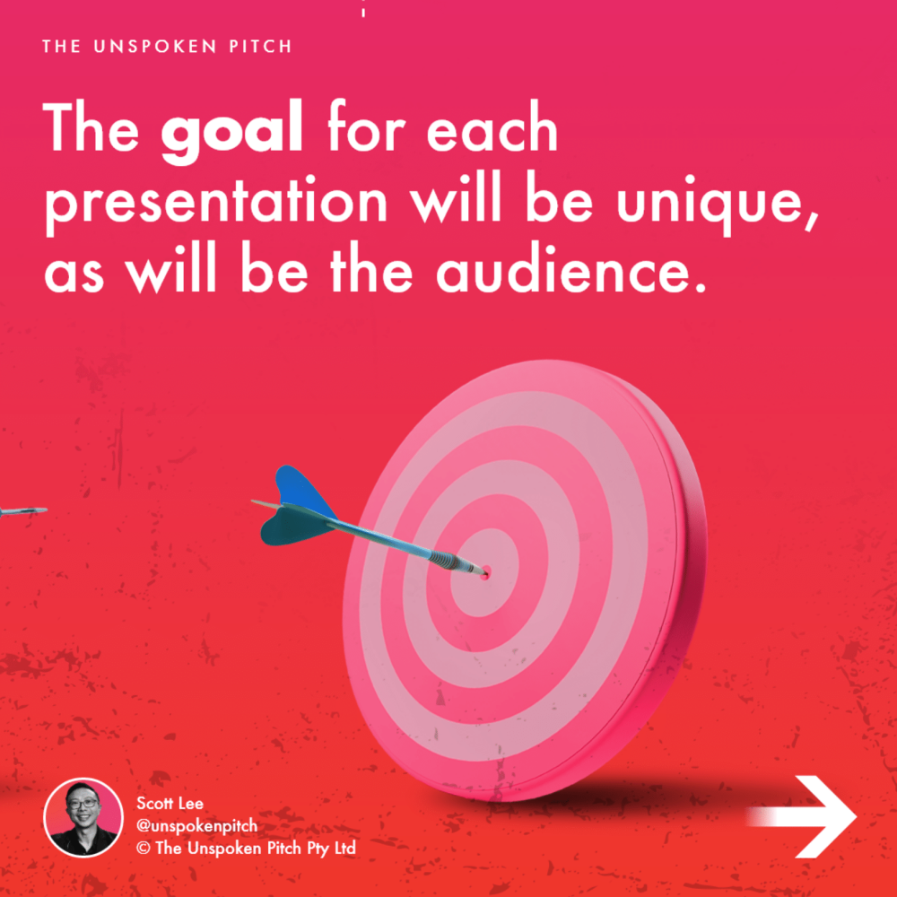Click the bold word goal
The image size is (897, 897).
tap(231, 131)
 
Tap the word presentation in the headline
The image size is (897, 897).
tap(216, 204)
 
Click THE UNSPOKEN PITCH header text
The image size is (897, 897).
tap(167, 47)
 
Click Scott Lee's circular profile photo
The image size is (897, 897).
tap(83, 817)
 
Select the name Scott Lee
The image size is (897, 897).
tap(170, 803)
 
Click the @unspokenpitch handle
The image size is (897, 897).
tap(196, 826)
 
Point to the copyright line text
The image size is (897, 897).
tap(246, 848)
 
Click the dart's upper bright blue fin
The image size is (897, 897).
tap(304, 491)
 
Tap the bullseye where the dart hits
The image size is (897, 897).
tap(485, 570)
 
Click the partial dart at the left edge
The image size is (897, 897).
tap(23, 511)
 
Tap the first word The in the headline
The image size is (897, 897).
tap(91, 127)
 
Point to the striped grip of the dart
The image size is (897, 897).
tap(442, 558)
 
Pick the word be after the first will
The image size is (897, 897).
tap(559, 198)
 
